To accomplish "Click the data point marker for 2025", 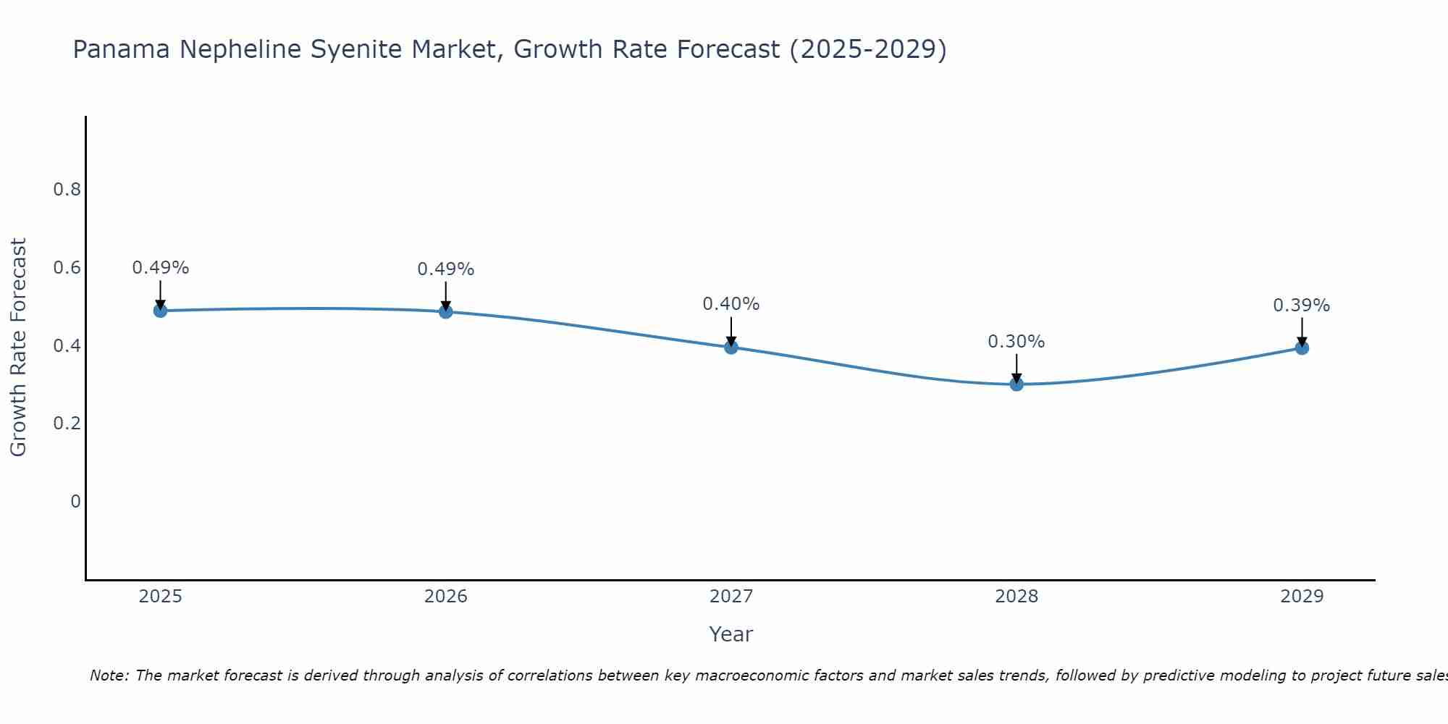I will click(x=160, y=311).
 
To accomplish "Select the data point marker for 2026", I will click(x=446, y=311).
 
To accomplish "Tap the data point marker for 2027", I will click(x=731, y=347).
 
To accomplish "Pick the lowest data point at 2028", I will click(x=1016, y=384).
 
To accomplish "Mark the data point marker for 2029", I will click(x=1302, y=348).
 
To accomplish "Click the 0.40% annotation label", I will click(x=731, y=304).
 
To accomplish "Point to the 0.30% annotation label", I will click(x=1016, y=342).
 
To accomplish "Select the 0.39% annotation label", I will click(x=1302, y=306).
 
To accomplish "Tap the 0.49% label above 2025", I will click(x=160, y=268).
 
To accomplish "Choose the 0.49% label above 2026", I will click(x=446, y=269).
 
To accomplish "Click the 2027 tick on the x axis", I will click(x=731, y=597).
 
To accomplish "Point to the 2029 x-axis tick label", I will click(x=1302, y=597).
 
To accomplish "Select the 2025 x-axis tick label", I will click(x=160, y=597).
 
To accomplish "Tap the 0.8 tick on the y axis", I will click(x=67, y=190).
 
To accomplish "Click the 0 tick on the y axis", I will click(x=75, y=501).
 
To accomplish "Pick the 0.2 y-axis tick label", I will click(x=67, y=424).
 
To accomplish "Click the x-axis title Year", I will click(x=731, y=634).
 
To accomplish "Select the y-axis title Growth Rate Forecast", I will click(x=18, y=348).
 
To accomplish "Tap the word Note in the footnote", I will click(x=109, y=675).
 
